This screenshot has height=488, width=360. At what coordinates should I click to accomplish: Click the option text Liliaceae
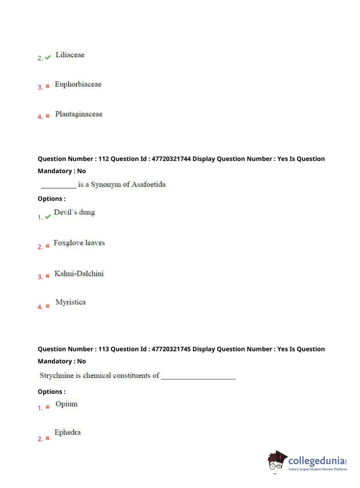point(70,55)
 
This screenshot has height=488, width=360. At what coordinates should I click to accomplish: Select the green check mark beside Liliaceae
point(48,58)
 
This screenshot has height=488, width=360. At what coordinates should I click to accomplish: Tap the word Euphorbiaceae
point(78,85)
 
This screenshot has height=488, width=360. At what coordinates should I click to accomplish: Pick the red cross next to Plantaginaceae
point(47,116)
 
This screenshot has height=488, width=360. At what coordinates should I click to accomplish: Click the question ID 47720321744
point(171,159)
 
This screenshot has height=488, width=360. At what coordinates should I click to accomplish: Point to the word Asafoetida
point(149,185)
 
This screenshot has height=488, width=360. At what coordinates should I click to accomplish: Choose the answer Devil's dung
point(74,212)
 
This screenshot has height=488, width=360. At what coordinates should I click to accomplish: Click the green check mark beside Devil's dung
point(48,217)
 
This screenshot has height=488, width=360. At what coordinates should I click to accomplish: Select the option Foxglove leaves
point(79,243)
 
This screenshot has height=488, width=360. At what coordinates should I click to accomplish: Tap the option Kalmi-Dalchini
point(79,274)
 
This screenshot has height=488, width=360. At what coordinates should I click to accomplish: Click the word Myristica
point(70,302)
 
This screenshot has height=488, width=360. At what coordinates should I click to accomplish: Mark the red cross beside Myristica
point(47,306)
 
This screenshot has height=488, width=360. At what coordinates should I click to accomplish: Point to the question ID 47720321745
point(171,349)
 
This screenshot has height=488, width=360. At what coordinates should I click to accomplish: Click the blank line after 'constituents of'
point(198,377)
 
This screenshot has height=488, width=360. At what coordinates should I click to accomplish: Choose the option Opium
point(67,404)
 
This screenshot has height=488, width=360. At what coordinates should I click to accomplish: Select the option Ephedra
point(68,432)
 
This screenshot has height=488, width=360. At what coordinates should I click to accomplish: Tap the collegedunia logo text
point(316,461)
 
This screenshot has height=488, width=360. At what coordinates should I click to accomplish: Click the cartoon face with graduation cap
point(277,461)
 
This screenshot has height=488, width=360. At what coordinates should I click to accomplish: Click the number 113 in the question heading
point(104,349)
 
